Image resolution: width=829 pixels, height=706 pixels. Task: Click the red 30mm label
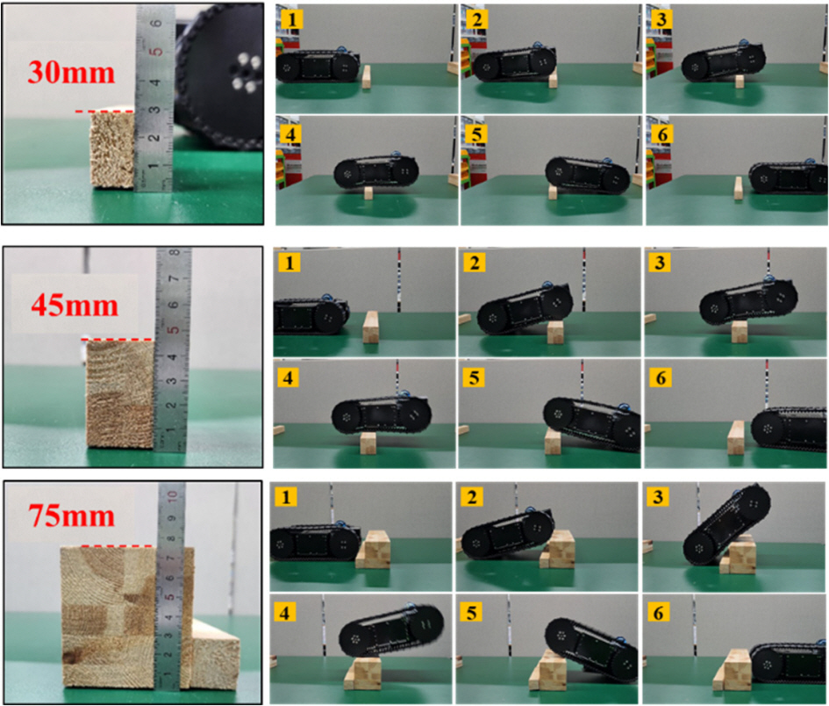point(71,73)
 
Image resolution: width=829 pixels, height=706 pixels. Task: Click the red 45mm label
point(74,306)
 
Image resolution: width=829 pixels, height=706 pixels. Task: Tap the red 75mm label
point(71,515)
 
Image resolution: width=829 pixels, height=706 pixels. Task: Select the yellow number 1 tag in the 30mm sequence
point(291,19)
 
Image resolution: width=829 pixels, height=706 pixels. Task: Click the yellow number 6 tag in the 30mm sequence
point(661,134)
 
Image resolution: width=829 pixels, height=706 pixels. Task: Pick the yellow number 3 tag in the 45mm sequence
point(660,263)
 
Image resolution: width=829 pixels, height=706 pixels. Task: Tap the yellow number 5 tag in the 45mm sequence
point(473,378)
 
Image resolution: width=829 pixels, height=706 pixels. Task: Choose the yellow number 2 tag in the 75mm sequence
point(472,498)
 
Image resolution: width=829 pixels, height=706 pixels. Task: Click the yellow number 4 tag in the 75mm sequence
point(284,613)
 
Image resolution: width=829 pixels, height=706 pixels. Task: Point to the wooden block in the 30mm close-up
point(113,149)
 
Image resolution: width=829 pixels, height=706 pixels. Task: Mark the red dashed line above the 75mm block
point(117,545)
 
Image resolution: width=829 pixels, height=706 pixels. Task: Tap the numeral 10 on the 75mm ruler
point(172,496)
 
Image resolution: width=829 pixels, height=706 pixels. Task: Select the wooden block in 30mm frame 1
point(366,77)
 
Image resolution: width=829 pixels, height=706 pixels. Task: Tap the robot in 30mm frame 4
point(376,170)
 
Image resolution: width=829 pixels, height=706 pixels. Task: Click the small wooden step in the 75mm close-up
point(215,655)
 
